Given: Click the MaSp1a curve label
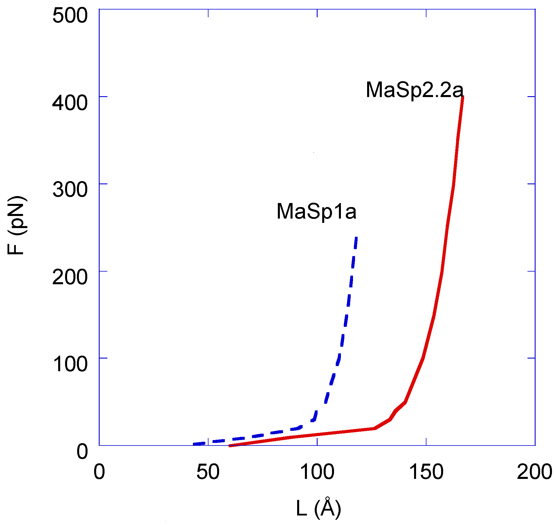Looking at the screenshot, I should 316,212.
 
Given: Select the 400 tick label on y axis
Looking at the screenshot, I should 70,103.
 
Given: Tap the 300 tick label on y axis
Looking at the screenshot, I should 70,190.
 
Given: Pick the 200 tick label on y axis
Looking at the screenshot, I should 70,277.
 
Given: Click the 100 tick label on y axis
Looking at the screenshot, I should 70,364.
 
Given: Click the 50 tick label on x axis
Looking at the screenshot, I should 208,472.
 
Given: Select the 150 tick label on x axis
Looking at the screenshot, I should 426,472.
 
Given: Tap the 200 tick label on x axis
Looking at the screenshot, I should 534,472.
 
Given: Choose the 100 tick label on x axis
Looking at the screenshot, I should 317,472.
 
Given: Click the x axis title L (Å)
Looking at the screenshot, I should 318,508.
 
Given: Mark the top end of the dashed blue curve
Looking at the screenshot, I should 356,237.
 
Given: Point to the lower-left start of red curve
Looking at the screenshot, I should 230,446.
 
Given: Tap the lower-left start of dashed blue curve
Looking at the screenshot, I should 194,444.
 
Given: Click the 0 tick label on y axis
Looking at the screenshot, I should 82,451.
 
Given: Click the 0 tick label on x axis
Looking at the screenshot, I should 99,472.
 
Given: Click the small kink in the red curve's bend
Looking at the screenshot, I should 396,411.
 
